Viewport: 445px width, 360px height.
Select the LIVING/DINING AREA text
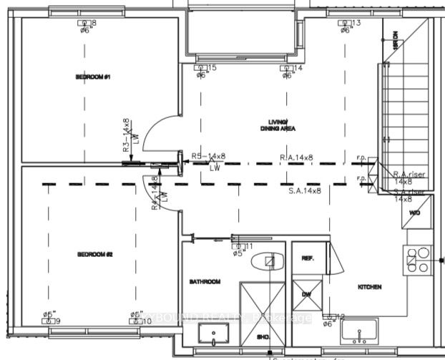point(278,125)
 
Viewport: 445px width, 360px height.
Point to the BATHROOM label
point(205,281)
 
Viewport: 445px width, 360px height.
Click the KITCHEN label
point(370,287)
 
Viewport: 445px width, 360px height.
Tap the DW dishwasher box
point(306,293)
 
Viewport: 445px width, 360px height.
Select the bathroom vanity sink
point(213,334)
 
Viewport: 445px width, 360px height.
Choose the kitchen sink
point(357,334)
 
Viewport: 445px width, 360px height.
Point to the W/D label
point(415,213)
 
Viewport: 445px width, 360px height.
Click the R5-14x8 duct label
point(208,155)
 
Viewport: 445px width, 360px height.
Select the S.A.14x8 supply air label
point(305,191)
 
